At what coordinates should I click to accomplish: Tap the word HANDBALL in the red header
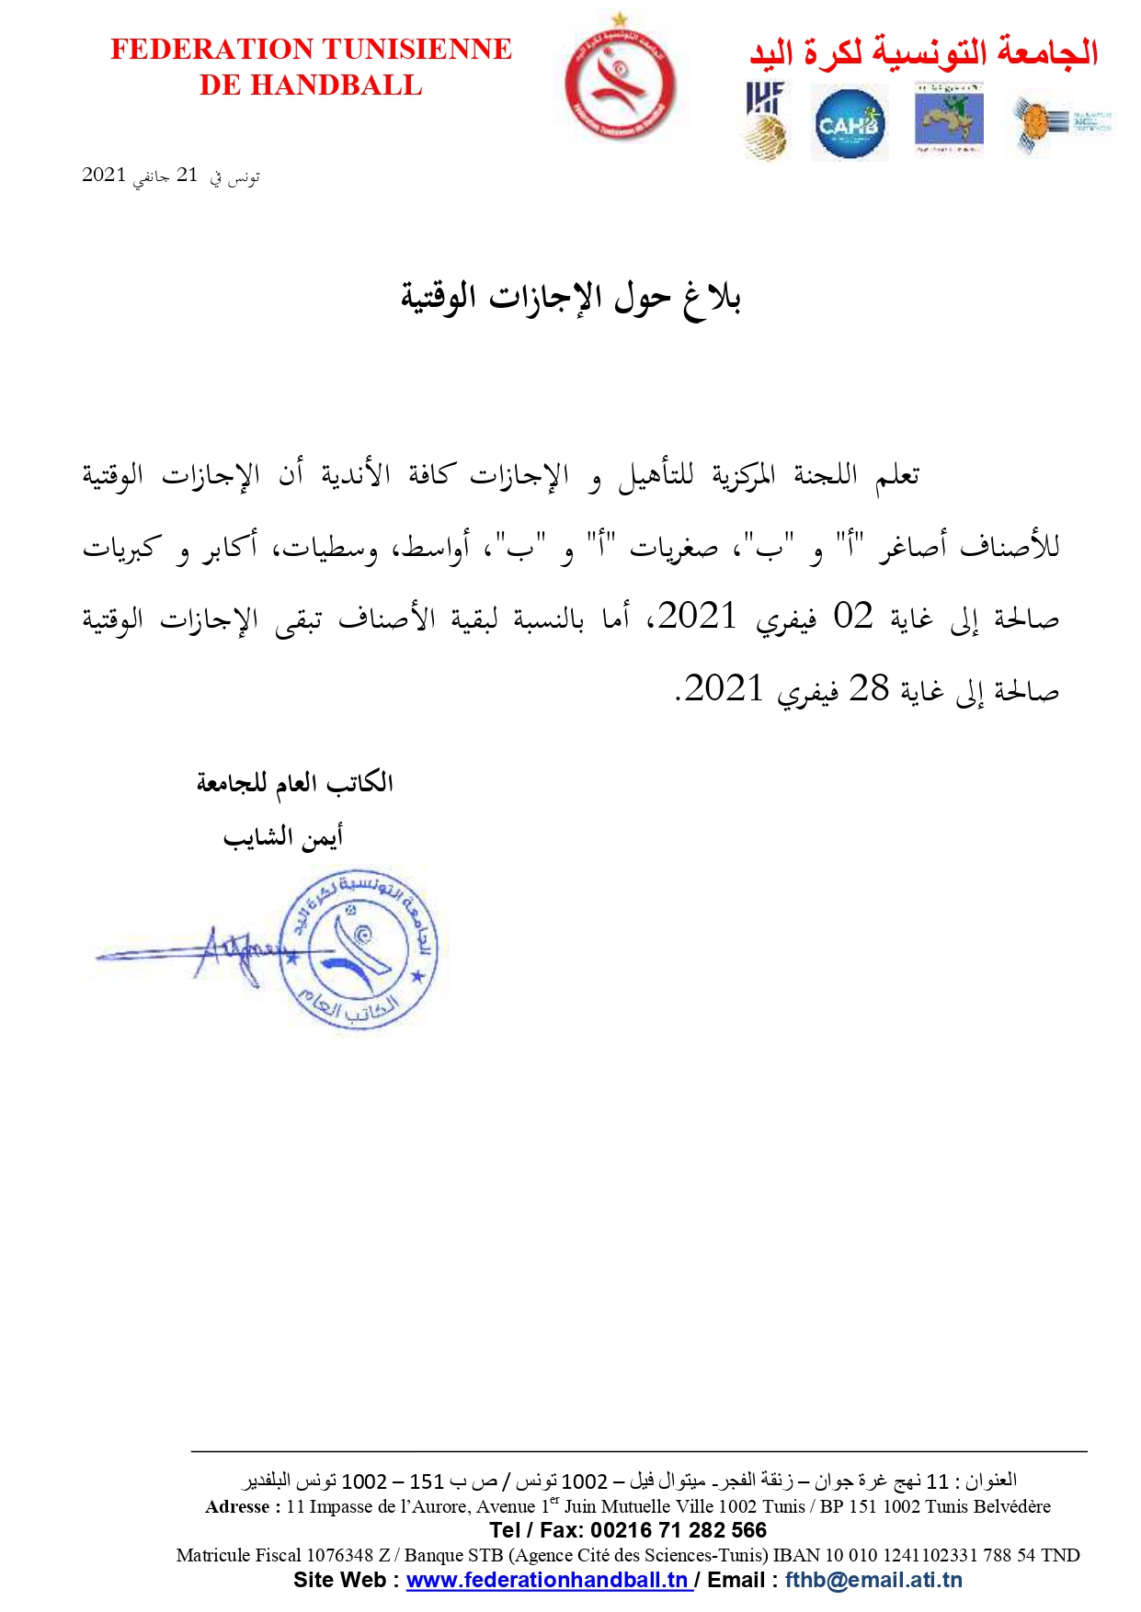tap(337, 85)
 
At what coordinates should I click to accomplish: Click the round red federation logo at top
tap(620, 85)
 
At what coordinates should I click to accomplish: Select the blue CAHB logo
tap(849, 123)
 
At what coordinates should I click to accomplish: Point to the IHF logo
tap(766, 119)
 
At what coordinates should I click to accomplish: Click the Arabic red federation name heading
tap(923, 51)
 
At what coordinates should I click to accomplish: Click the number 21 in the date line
tap(188, 176)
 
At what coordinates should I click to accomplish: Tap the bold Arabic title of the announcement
tap(570, 297)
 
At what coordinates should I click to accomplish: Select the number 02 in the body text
tap(852, 617)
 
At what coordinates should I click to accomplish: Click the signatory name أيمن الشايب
tap(282, 836)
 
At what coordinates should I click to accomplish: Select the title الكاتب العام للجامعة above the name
tap(294, 783)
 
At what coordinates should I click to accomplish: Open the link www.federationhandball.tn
tap(548, 1580)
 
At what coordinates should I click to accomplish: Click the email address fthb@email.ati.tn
tap(873, 1580)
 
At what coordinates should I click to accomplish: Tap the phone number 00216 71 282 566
tap(678, 1530)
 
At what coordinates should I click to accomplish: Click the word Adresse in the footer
tap(237, 1506)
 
